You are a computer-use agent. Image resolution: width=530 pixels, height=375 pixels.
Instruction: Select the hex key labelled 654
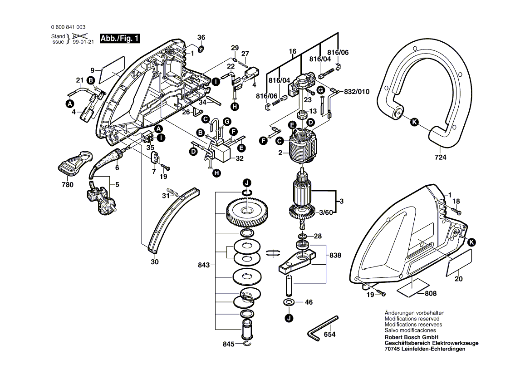click(323, 326)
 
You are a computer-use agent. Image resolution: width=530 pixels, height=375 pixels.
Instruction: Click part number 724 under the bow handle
click(440, 158)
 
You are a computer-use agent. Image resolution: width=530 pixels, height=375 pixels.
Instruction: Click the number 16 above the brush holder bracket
click(293, 52)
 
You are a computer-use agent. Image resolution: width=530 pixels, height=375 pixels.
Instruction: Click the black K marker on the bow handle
click(413, 122)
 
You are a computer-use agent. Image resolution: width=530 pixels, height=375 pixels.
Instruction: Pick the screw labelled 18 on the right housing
click(454, 211)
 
